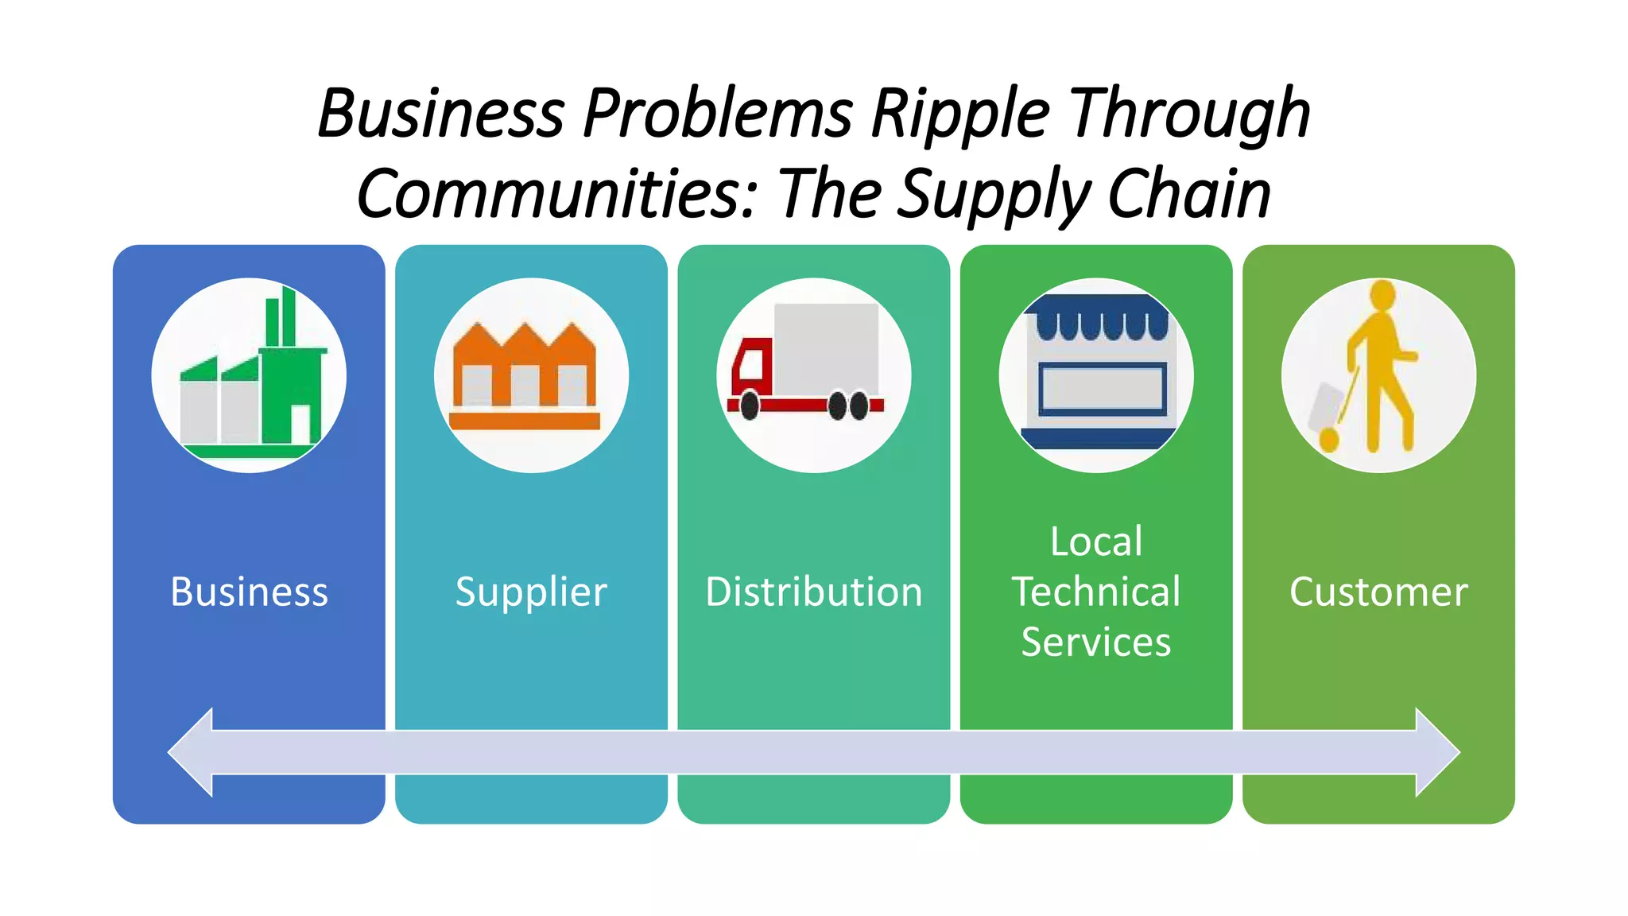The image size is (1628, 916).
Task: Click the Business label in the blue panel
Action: coord(249,592)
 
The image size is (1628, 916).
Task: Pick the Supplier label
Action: coord(531,592)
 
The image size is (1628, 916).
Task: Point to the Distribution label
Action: coord(813,592)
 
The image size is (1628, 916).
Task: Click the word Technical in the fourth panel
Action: coord(1095,592)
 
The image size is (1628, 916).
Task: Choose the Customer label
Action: coord(1378,592)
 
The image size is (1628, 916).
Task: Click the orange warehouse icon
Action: coord(525,374)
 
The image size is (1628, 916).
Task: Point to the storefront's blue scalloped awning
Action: coord(1096,318)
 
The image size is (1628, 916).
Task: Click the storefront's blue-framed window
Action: coord(1102,389)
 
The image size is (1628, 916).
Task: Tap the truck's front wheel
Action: coord(749,406)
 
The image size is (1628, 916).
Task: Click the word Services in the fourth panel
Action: coord(1095,642)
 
